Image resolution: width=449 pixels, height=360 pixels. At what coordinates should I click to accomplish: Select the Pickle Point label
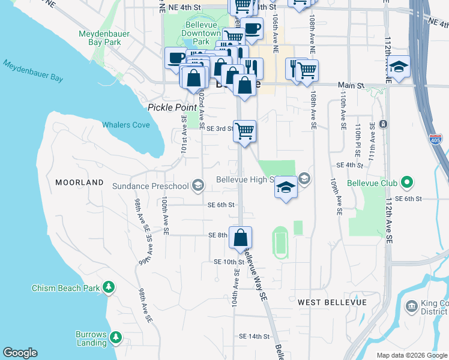pos(172,107)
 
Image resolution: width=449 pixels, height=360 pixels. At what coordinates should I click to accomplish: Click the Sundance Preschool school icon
pos(197,186)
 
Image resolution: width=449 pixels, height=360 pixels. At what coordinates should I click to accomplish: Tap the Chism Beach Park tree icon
pos(109,288)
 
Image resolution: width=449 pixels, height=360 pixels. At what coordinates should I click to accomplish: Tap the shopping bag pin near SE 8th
pos(240,238)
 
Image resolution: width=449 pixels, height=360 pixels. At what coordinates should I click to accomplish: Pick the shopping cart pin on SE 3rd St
pos(244,131)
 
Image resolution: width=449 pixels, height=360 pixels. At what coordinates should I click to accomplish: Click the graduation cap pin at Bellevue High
pos(286,188)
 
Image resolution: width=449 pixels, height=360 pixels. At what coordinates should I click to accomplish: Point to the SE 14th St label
pos(254,337)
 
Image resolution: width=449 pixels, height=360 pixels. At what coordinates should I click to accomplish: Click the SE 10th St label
pos(229,262)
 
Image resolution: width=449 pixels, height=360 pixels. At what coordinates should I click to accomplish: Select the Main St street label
pos(351,86)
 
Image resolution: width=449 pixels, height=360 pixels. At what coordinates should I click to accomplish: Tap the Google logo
pos(20,353)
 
